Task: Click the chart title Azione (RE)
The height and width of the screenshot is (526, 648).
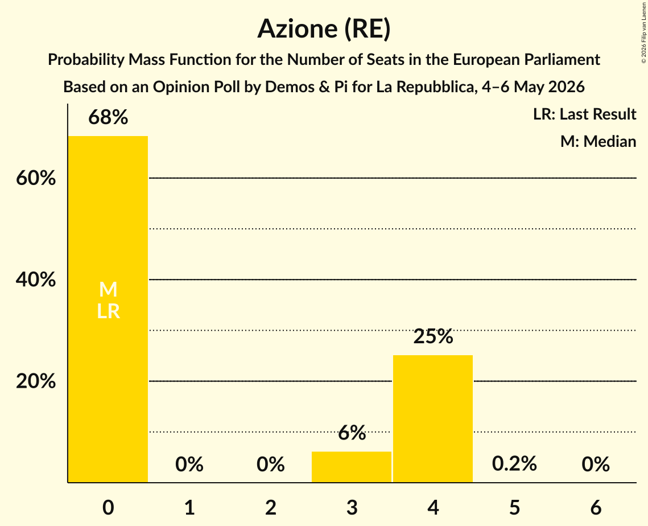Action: (324, 29)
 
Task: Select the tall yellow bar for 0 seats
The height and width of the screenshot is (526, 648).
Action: (108, 309)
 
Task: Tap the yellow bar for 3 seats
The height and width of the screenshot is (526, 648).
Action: (351, 467)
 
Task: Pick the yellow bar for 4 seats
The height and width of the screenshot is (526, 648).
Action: (433, 419)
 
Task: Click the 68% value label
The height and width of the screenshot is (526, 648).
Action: (108, 117)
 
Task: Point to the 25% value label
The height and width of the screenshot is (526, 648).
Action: (433, 336)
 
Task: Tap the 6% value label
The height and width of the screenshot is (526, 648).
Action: (352, 433)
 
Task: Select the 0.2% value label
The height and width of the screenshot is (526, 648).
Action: (514, 463)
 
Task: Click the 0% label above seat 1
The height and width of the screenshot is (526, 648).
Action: (189, 465)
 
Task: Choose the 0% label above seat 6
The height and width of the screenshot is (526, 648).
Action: (596, 465)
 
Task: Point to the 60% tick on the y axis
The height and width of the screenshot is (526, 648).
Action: (36, 178)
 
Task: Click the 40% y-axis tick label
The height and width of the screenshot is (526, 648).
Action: (36, 280)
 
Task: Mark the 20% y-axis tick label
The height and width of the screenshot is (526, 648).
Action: (36, 381)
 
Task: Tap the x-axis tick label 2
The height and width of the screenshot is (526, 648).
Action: (271, 508)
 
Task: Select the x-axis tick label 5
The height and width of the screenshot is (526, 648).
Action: (514, 508)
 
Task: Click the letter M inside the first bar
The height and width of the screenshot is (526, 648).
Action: (108, 289)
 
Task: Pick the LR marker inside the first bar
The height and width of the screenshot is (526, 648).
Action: (108, 311)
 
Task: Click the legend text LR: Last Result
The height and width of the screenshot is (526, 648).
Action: (584, 114)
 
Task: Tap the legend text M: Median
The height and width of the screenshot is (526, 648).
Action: (598, 141)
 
